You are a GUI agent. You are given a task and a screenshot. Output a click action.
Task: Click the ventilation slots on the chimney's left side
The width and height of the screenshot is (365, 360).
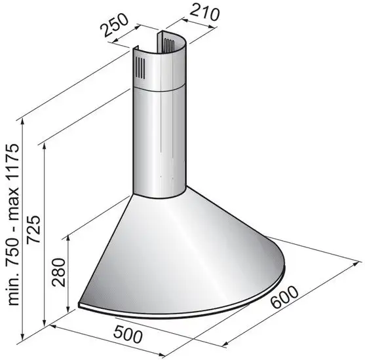click(140, 66)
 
